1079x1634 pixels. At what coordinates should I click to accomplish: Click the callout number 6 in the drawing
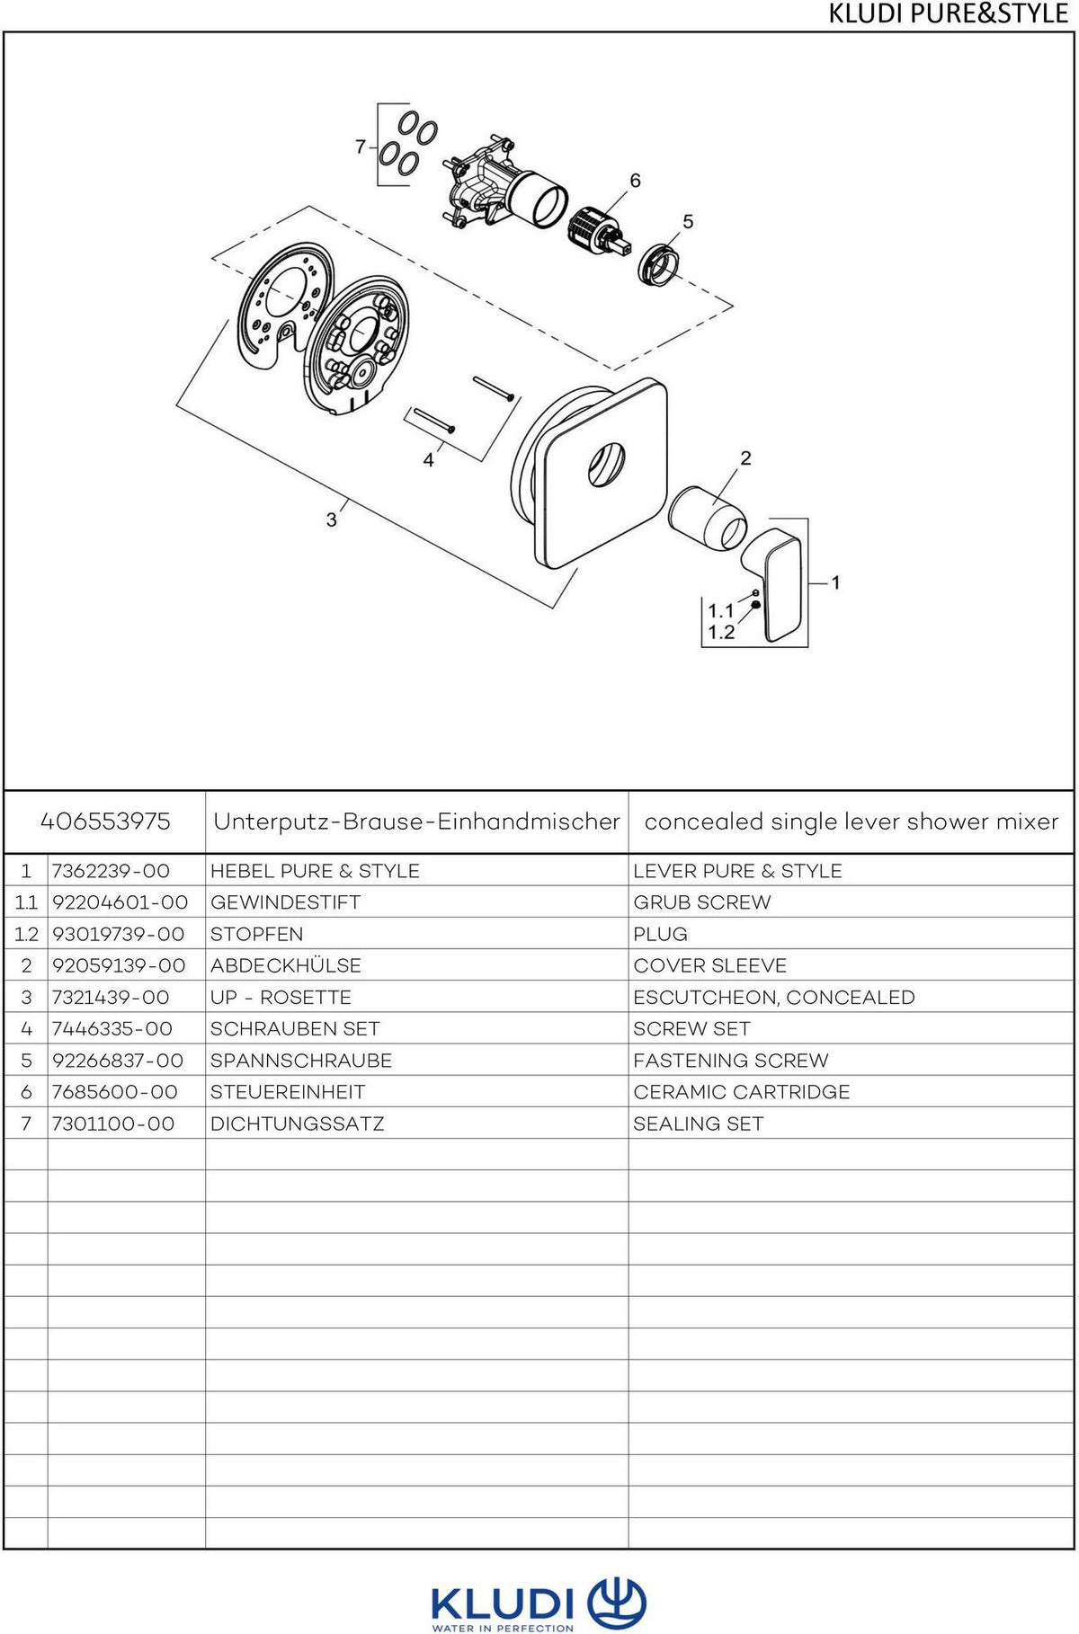tap(635, 181)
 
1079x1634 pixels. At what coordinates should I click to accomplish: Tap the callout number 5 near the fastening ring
tap(688, 221)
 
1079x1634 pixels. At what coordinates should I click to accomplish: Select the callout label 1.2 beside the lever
tap(721, 633)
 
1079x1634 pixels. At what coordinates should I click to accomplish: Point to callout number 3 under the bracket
tap(331, 520)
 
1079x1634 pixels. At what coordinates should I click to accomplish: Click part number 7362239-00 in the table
tap(111, 871)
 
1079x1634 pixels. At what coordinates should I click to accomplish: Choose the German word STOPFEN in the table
tap(256, 934)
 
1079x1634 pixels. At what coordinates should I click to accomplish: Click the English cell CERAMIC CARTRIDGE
tap(741, 1092)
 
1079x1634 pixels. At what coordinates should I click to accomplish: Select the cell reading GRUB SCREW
tap(701, 902)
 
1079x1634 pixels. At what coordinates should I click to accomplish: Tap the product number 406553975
tap(105, 821)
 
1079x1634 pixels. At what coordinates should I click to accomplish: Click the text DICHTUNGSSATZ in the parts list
tap(297, 1123)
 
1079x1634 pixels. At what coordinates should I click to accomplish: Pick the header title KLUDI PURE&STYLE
tap(948, 14)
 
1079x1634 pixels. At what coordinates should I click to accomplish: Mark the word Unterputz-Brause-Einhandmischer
tap(416, 821)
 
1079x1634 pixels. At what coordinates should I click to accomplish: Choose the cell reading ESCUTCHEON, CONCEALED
tap(773, 998)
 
